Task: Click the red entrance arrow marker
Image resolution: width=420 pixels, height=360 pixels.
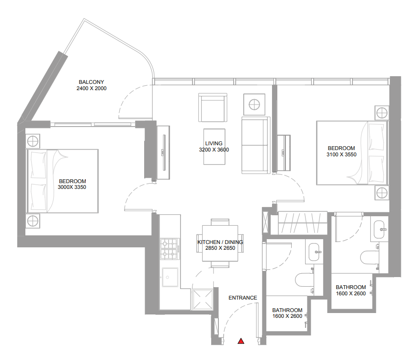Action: [x=241, y=341]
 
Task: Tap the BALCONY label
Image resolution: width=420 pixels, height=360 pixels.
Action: [x=91, y=82]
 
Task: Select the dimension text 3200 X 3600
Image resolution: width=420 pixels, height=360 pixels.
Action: [x=214, y=150]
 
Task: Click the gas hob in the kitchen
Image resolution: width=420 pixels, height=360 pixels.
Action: [x=170, y=249]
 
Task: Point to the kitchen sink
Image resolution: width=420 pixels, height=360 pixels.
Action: [x=170, y=277]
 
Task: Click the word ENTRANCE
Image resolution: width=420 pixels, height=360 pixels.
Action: [x=243, y=298]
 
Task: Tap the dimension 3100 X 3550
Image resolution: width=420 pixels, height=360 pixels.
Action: [x=341, y=155]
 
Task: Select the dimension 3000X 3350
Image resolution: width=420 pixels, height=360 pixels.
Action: [x=72, y=187]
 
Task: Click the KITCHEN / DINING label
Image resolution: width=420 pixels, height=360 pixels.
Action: [x=220, y=242]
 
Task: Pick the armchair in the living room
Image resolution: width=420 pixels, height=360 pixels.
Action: [x=213, y=107]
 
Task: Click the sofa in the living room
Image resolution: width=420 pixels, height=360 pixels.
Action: [x=256, y=145]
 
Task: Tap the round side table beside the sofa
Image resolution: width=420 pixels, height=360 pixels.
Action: [x=254, y=105]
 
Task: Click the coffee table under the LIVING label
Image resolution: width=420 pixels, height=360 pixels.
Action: [x=214, y=147]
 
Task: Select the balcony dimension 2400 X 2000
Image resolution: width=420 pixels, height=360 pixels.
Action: [x=91, y=89]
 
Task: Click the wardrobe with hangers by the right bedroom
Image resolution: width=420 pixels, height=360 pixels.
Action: [x=303, y=223]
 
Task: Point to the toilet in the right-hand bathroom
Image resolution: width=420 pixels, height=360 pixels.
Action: [x=369, y=258]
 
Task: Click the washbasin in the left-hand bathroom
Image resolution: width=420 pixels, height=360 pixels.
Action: [x=314, y=252]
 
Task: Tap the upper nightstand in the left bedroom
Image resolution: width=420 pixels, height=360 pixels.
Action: [x=33, y=141]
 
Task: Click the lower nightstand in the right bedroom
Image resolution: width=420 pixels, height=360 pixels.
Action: [x=381, y=193]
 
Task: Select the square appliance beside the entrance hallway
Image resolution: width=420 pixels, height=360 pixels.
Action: [x=203, y=299]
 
